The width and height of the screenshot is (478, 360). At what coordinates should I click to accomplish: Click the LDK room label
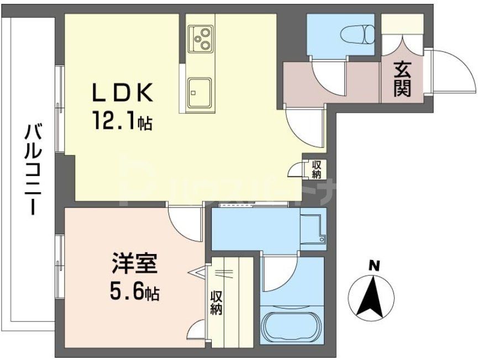pyautogui.click(x=122, y=94)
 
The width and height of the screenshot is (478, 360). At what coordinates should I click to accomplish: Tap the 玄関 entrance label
pyautogui.click(x=402, y=81)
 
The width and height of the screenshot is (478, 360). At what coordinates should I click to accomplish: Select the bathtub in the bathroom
pyautogui.click(x=290, y=327)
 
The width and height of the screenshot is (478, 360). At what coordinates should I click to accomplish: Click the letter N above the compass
pyautogui.click(x=374, y=266)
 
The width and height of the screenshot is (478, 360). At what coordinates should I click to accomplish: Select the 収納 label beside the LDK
pyautogui.click(x=316, y=169)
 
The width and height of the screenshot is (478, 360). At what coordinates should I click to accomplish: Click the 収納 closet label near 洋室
pyautogui.click(x=216, y=303)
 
